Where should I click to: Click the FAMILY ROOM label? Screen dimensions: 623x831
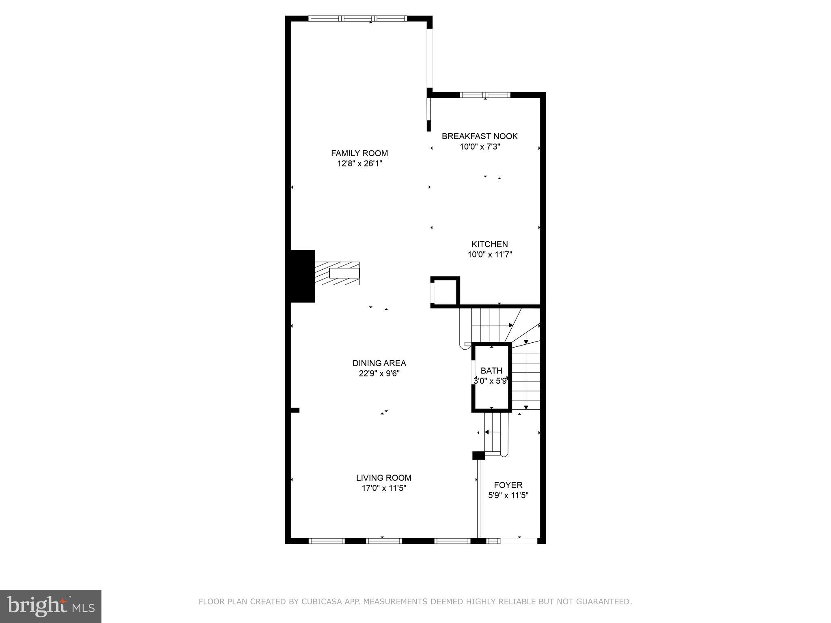click(x=359, y=153)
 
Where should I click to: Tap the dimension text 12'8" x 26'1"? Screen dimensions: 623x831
click(x=359, y=164)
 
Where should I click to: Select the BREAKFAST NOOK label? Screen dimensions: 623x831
click(x=480, y=136)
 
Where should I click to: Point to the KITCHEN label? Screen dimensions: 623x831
click(x=489, y=244)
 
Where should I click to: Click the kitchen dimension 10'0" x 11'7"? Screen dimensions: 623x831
click(x=490, y=255)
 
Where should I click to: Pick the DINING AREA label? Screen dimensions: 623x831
click(x=379, y=363)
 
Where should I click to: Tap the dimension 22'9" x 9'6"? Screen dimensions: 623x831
click(x=379, y=374)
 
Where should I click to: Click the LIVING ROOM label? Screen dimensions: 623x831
click(x=384, y=478)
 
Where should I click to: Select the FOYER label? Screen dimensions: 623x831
click(x=508, y=485)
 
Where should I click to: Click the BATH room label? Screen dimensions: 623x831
click(x=491, y=371)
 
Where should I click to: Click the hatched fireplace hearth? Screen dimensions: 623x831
click(x=337, y=274)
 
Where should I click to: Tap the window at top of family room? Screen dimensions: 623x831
click(x=357, y=18)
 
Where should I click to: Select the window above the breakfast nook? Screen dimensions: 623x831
click(x=485, y=95)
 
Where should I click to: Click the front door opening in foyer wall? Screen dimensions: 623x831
click(x=519, y=541)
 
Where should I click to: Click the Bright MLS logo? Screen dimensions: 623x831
click(x=51, y=606)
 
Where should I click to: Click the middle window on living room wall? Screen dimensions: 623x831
click(x=384, y=541)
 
